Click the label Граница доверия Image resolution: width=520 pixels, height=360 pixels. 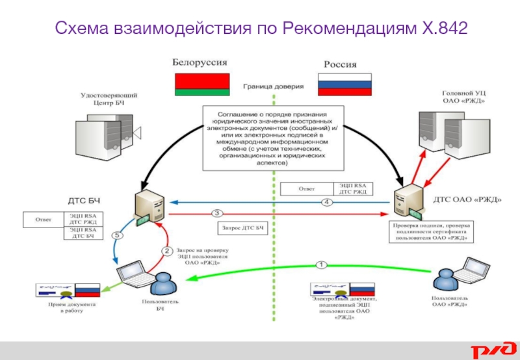(273, 85)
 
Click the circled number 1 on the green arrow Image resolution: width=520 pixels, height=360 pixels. (320, 264)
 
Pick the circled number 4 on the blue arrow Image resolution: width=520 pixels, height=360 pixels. (327, 203)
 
